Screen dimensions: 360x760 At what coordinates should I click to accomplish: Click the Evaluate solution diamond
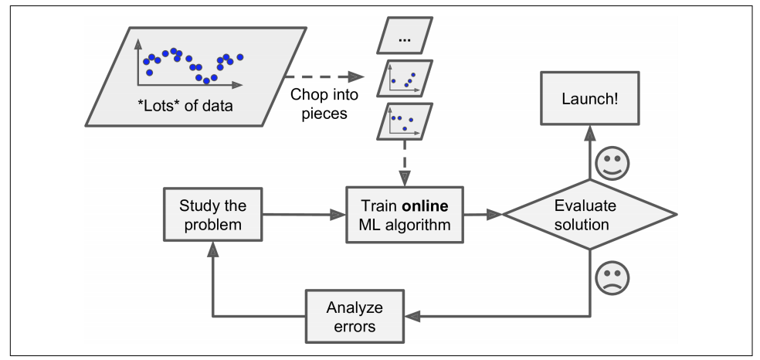tap(591, 216)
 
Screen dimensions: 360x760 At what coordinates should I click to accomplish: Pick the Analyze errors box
tap(355, 316)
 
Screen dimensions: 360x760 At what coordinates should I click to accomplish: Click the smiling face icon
tap(615, 164)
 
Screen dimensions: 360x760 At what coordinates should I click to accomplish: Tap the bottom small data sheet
tap(403, 123)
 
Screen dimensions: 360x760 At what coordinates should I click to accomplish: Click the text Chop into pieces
tap(319, 104)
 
